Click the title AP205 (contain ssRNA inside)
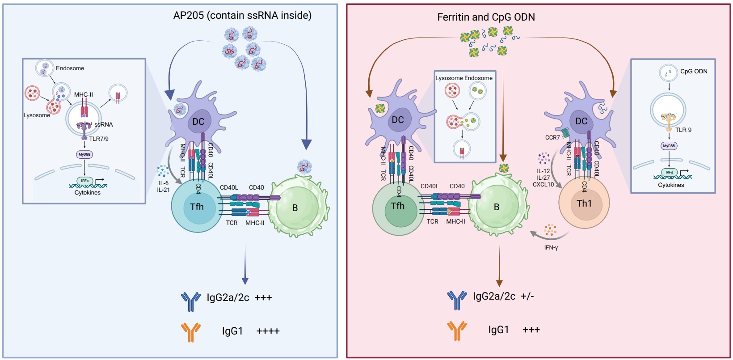(x=242, y=16)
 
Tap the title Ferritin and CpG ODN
(x=486, y=17)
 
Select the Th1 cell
(x=584, y=203)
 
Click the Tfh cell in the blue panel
(x=197, y=207)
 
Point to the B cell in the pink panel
(x=497, y=207)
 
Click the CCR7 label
(x=552, y=138)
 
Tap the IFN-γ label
(x=551, y=248)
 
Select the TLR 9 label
(x=683, y=130)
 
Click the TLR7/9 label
(x=98, y=139)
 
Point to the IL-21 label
(x=163, y=190)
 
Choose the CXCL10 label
(x=543, y=185)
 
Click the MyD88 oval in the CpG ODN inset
(x=669, y=146)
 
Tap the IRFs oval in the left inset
(x=84, y=181)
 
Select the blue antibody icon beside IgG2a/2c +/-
(x=457, y=300)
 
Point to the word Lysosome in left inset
(x=37, y=115)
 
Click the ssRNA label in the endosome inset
(x=103, y=125)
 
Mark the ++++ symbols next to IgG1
(x=268, y=331)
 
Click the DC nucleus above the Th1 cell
(x=581, y=121)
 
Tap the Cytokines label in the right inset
(x=670, y=185)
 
